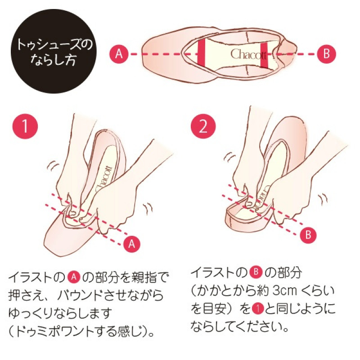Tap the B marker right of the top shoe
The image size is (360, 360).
pos(326,54)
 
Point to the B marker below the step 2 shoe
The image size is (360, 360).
pos(308,234)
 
